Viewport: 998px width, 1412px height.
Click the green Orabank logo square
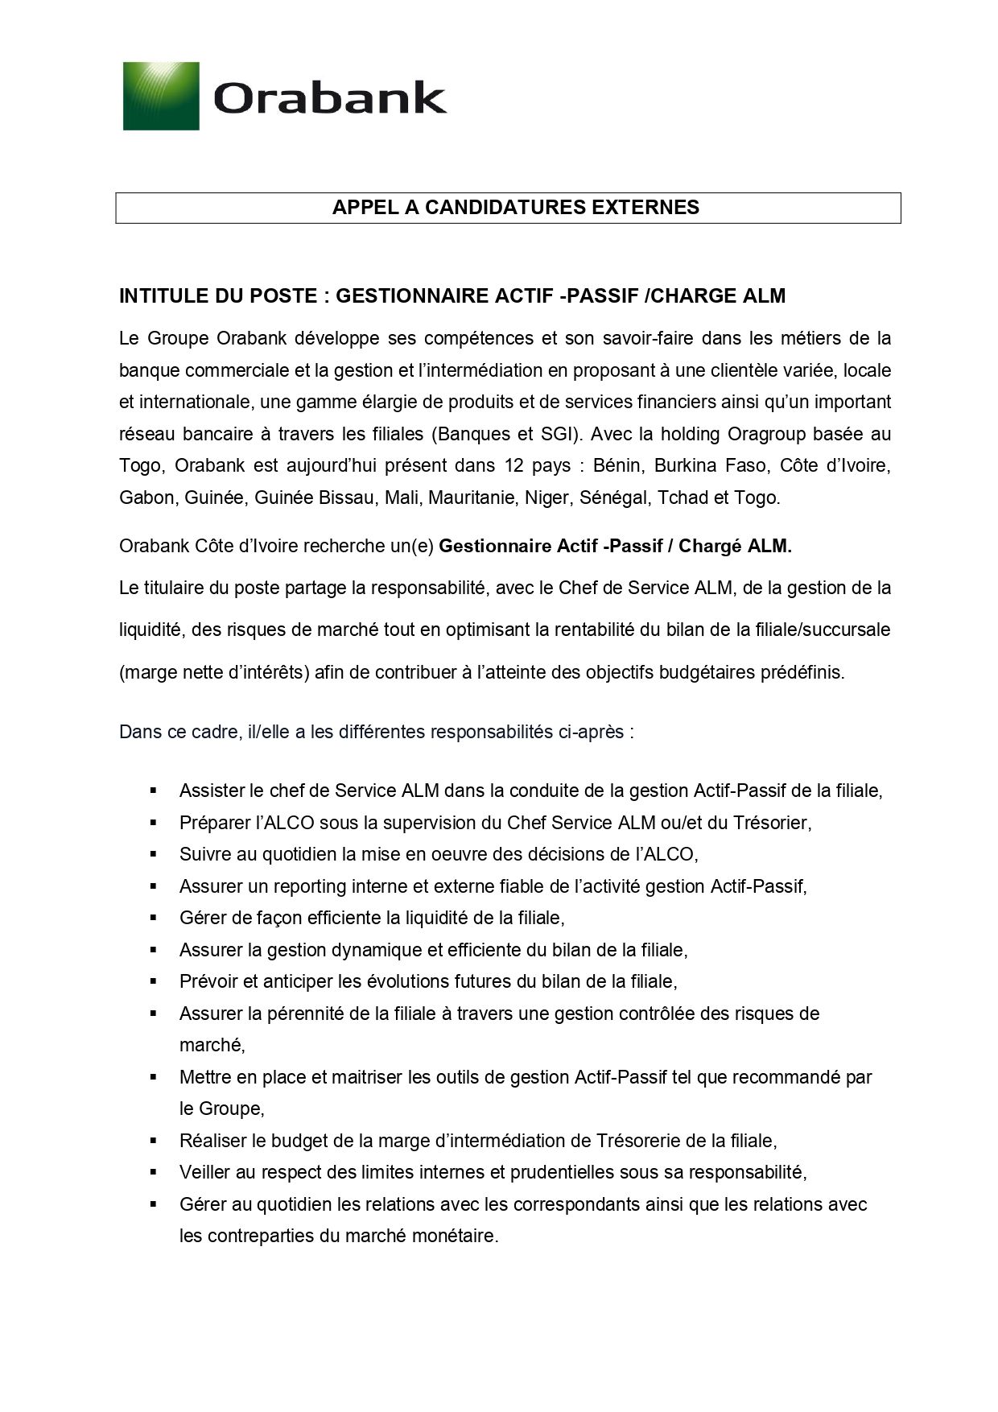click(161, 96)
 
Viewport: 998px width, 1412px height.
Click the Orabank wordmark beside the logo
click(329, 99)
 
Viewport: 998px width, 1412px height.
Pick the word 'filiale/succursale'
click(823, 630)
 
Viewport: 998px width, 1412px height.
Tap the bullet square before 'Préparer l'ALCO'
click(152, 823)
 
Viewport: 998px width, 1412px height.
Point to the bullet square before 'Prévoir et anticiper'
click(152, 981)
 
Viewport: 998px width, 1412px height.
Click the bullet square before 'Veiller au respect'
click(152, 1172)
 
